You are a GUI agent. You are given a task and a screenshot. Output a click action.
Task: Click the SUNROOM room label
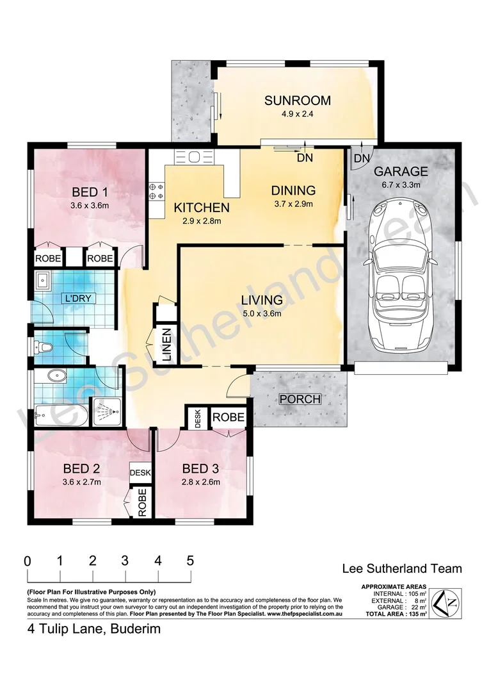[298, 101]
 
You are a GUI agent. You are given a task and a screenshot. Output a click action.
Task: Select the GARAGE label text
[401, 172]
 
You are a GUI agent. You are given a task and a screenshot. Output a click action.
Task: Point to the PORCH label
[300, 399]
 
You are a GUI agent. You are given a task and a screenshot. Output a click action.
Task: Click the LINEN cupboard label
[166, 346]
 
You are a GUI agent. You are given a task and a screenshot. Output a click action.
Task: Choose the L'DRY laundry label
[76, 299]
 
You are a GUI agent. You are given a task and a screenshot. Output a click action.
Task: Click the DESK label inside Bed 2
[140, 473]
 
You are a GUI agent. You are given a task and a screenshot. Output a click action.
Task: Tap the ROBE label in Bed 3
[228, 417]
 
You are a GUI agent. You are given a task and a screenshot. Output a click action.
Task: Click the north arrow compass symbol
[447, 602]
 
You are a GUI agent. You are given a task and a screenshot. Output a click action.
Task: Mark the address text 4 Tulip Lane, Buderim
[93, 629]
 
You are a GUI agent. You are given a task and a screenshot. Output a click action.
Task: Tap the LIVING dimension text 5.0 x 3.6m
[262, 313]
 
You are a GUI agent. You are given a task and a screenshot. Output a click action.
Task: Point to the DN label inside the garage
[362, 158]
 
